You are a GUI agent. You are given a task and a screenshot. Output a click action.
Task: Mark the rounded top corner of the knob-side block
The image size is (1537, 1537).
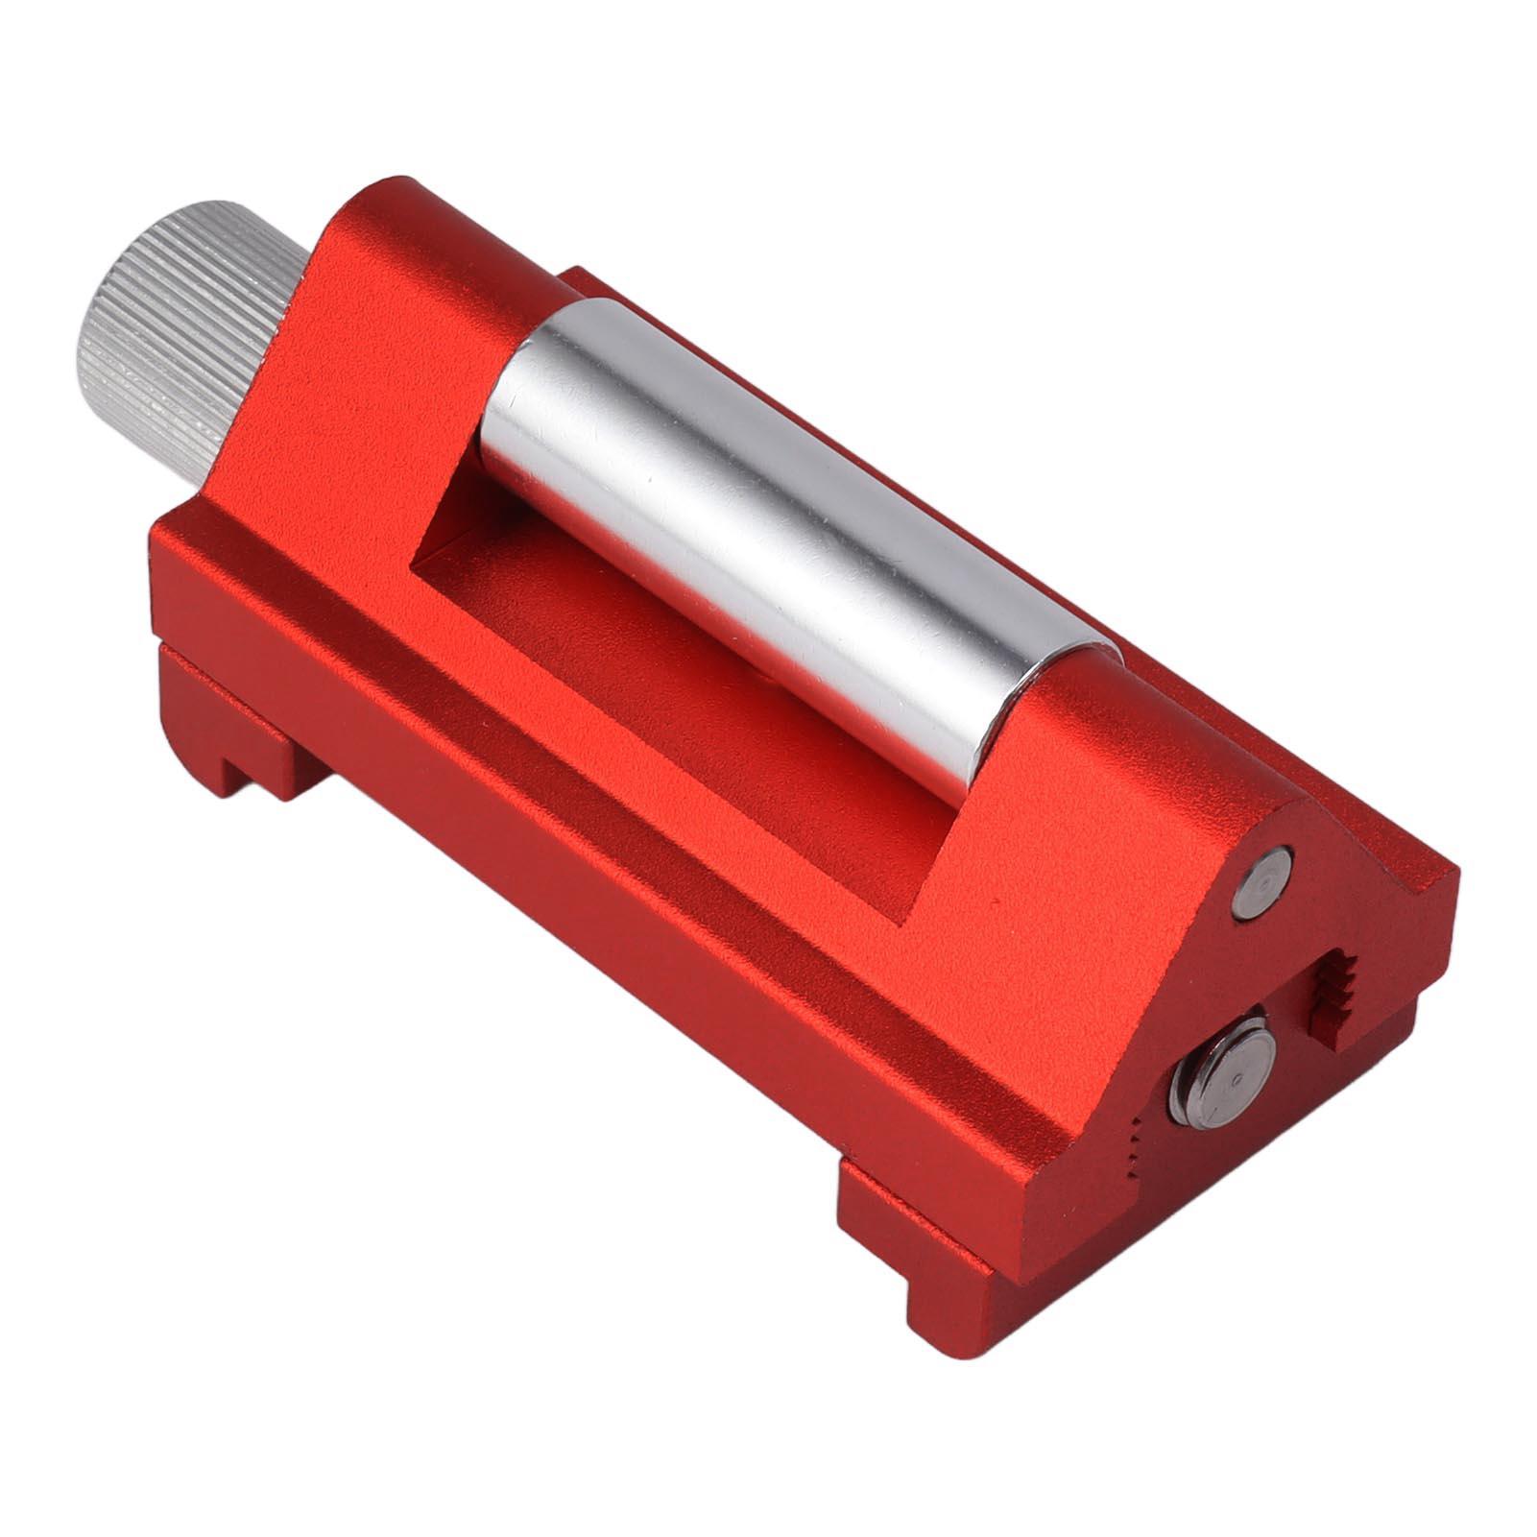point(384,192)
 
